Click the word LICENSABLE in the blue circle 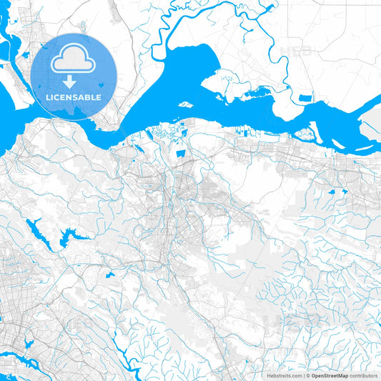(x=73, y=97)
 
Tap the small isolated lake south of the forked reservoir (x=109, y=274)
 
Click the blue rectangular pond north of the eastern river (x=306, y=97)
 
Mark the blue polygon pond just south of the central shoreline (x=180, y=152)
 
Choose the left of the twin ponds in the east (x=332, y=192)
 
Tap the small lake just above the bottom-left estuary (x=29, y=345)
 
